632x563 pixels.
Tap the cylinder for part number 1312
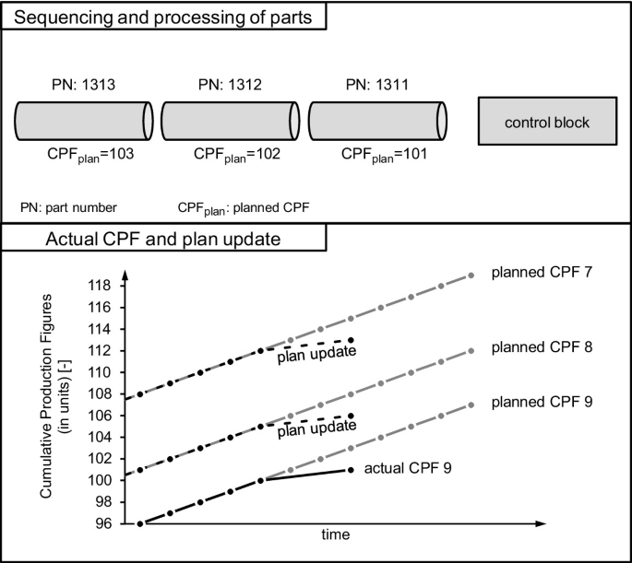pos(232,122)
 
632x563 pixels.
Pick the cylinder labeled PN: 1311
pos(377,122)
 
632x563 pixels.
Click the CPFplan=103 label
pos(88,156)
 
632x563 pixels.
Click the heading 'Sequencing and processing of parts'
pos(163,16)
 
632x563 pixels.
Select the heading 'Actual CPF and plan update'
pos(163,242)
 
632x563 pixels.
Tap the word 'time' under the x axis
pos(335,535)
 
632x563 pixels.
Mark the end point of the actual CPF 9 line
pos(352,470)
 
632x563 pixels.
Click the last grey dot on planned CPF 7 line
pos(471,276)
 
